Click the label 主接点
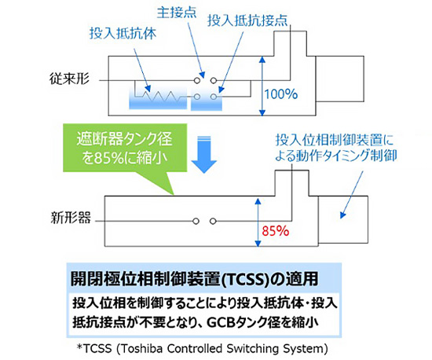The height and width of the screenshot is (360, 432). click(177, 13)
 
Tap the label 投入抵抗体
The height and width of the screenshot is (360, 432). click(123, 33)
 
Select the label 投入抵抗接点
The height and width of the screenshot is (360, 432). click(247, 20)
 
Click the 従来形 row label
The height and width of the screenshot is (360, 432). click(69, 79)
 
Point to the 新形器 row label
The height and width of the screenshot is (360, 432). click(71, 218)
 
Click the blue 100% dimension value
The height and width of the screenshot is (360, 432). click(281, 94)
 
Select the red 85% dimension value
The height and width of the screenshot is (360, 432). click(275, 231)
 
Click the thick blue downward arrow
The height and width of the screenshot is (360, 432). click(204, 154)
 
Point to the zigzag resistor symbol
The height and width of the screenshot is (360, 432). click(162, 95)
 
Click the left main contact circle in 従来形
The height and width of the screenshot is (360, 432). click(196, 80)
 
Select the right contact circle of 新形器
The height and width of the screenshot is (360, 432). click(213, 221)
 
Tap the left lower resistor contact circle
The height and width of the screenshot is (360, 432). click(197, 97)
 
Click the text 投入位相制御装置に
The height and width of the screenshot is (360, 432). click(335, 141)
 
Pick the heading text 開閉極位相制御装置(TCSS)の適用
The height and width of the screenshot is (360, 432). click(195, 279)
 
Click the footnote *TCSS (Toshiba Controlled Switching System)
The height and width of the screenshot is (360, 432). click(203, 349)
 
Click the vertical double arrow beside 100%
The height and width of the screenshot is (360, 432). click(262, 86)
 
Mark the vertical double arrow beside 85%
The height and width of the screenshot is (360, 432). click(258, 222)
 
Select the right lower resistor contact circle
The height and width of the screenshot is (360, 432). click(214, 97)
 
